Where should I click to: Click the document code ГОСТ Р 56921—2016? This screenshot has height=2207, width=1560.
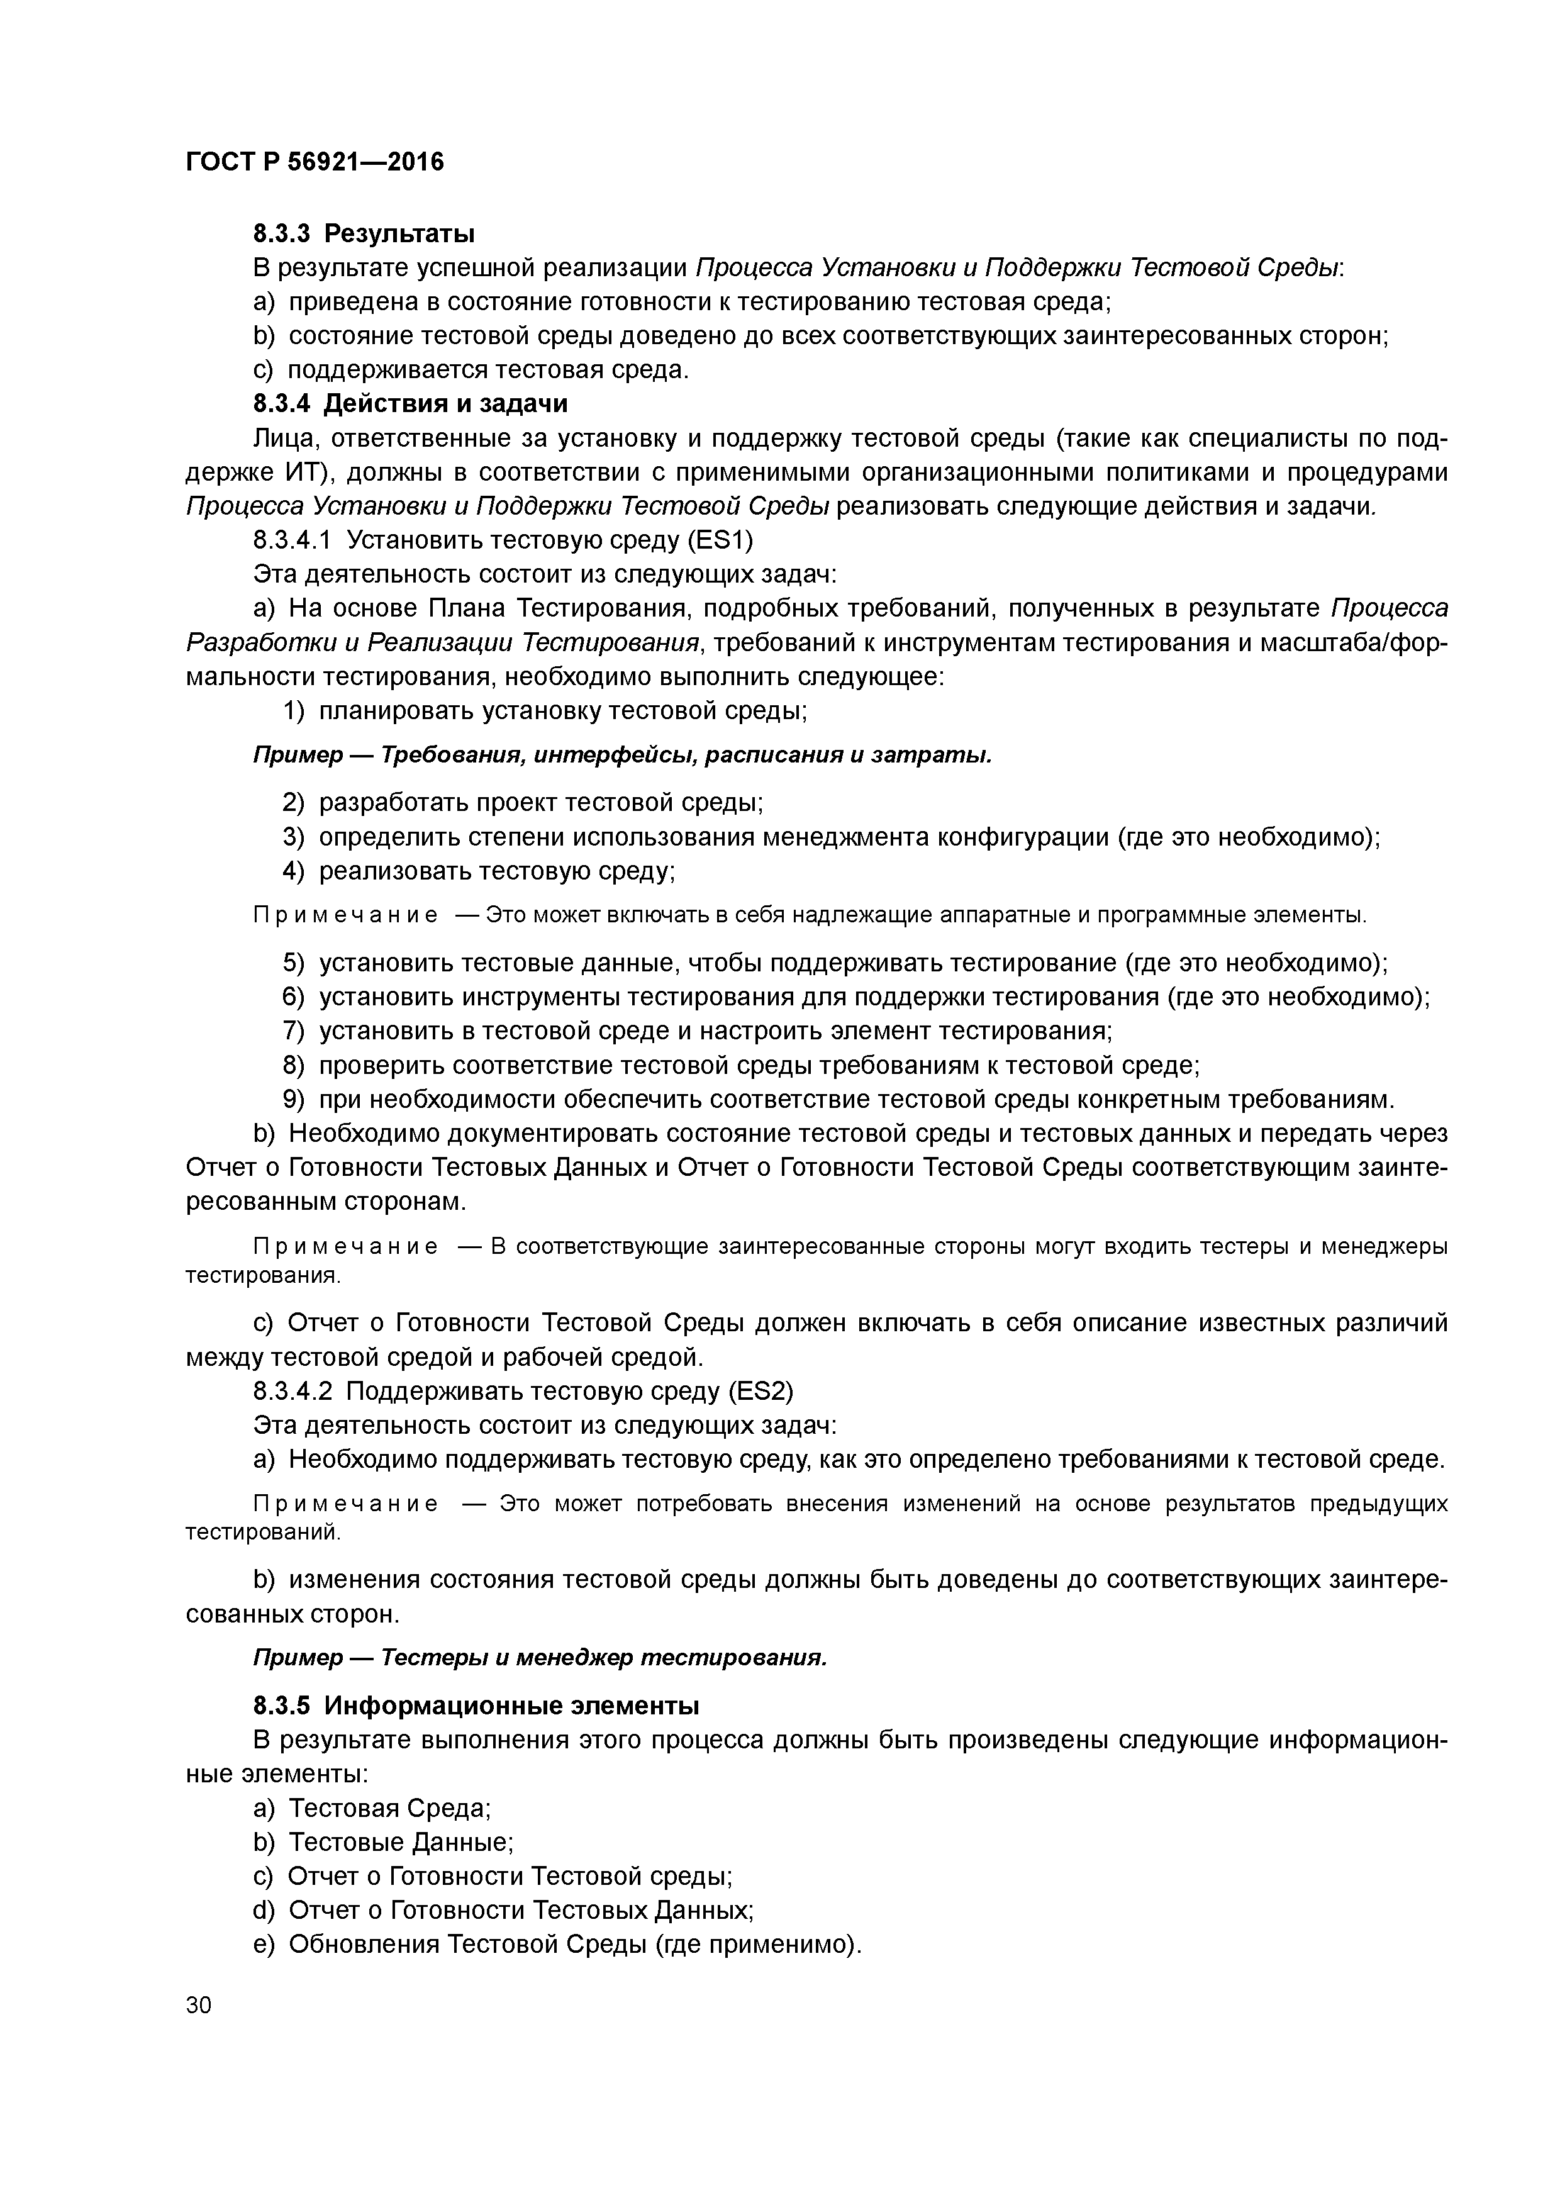tap(315, 162)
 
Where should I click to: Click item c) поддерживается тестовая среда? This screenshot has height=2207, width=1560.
tap(471, 370)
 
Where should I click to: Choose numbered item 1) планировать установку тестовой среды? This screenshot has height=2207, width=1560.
tap(545, 712)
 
